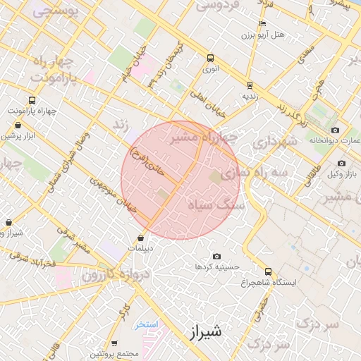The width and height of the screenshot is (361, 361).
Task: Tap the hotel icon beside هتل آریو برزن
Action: click(262, 23)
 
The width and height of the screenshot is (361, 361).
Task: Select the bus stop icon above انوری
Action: click(210, 59)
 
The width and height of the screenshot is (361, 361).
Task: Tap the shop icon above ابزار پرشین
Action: click(17, 125)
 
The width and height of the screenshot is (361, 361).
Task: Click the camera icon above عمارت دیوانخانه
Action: click(334, 130)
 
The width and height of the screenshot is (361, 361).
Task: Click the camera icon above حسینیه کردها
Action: click(216, 256)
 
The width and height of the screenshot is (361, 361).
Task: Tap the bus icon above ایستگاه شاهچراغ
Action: click(267, 271)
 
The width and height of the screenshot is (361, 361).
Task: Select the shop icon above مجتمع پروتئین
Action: click(114, 343)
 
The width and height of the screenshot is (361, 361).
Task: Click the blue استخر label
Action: click(148, 324)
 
